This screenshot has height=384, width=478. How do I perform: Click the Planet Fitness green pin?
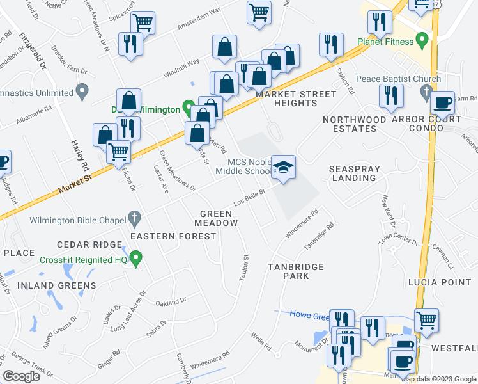421,42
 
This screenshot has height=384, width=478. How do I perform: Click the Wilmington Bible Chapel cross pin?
134,219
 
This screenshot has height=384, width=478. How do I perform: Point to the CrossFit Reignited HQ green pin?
135,259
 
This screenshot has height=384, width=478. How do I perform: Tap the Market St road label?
72,188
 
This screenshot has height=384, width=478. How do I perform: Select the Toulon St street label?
245,266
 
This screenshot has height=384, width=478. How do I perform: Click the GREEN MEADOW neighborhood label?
219,218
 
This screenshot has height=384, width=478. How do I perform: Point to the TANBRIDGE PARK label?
296,271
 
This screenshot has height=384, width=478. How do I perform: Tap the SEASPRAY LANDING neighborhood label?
355,173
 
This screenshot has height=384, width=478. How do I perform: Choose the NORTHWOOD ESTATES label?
354,124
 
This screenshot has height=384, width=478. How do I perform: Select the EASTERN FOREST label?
173,236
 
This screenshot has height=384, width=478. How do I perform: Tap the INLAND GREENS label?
57,285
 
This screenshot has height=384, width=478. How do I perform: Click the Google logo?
21,376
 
